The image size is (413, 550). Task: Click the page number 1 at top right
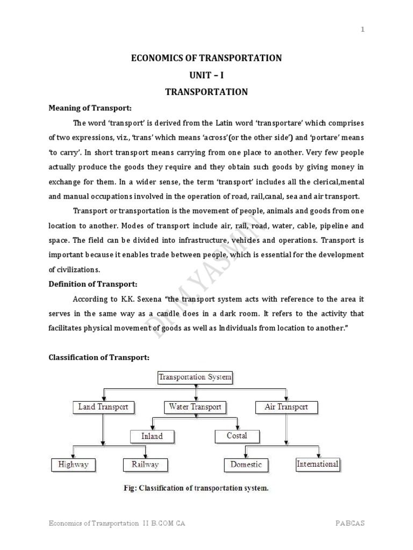362,30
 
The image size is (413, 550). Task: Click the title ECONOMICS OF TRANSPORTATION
206,58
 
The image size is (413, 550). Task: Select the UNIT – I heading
206,75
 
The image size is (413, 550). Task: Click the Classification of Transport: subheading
99,357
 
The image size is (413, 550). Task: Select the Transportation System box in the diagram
195,377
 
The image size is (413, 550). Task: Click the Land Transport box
103,407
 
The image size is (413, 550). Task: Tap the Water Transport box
195,407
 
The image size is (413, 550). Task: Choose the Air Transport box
286,407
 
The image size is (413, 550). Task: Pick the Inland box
152,436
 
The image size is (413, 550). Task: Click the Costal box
237,436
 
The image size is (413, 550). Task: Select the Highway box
73,465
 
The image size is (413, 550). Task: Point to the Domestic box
246,465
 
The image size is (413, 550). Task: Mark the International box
318,464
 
